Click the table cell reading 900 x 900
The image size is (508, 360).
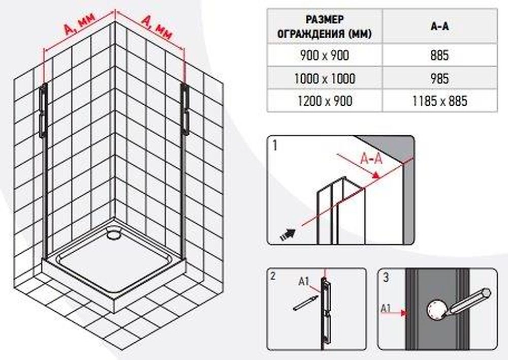(325, 55)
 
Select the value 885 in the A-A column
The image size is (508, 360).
(439, 55)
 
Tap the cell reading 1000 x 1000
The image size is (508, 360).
(325, 78)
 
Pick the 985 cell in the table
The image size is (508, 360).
(439, 78)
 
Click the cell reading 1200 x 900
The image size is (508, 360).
(325, 101)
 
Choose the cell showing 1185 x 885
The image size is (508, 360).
(439, 101)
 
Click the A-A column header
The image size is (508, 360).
(439, 26)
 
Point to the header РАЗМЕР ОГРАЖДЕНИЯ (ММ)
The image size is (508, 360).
(325, 26)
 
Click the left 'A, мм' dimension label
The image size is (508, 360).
(79, 23)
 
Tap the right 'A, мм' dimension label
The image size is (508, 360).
(156, 28)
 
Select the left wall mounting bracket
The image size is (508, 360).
(43, 110)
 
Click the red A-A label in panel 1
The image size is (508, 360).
(371, 158)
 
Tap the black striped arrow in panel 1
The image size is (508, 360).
(288, 234)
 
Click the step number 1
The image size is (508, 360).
(275, 145)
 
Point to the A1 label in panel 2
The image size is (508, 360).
(304, 282)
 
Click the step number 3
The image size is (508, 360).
(386, 278)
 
